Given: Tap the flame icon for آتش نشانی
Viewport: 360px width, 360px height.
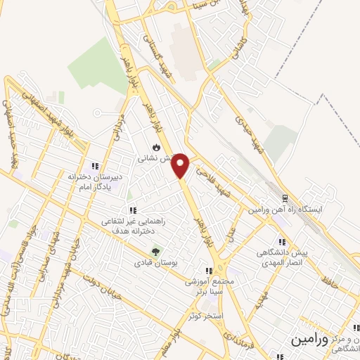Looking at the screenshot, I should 156,148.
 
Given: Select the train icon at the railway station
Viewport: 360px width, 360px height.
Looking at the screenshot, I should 285,198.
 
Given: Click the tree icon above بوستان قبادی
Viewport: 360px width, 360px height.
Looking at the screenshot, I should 156,250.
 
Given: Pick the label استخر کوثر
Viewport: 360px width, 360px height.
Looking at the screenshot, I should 205,316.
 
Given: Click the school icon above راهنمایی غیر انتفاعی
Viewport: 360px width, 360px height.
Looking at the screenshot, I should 132,210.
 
